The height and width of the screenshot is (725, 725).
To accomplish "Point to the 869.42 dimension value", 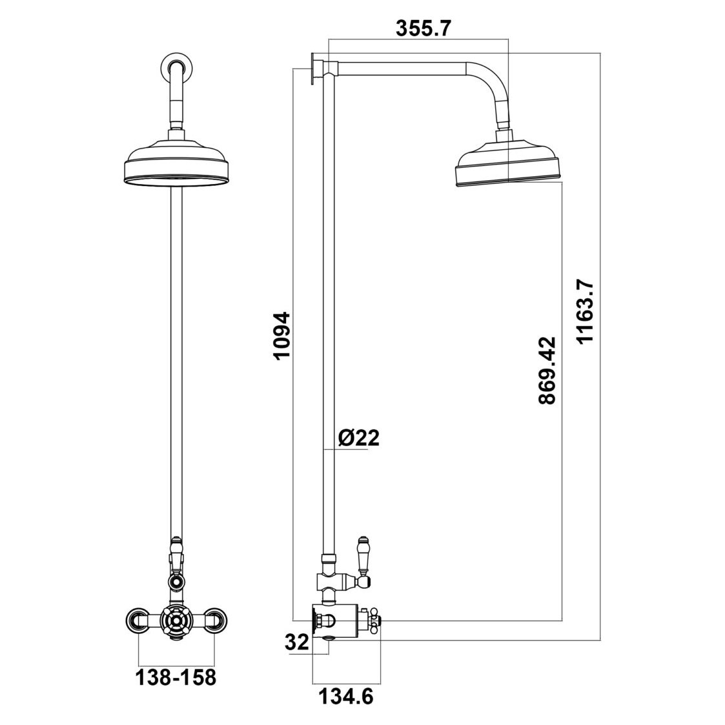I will [x=547, y=370].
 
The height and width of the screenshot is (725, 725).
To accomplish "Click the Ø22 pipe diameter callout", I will [x=358, y=438].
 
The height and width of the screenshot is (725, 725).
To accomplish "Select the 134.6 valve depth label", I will [x=345, y=697].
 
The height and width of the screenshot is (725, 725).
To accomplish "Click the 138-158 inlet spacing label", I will [x=174, y=678].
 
